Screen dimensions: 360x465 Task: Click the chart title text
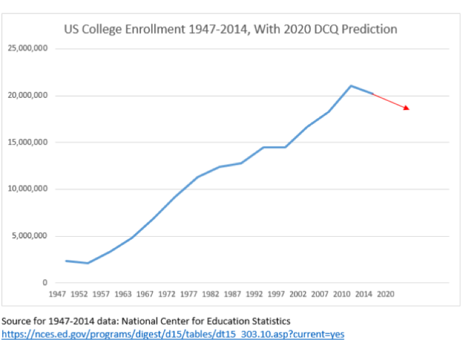coord(230,29)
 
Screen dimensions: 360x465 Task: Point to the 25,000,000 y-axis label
coord(28,49)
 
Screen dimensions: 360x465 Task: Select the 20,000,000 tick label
coord(28,96)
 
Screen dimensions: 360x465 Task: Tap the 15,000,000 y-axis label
coord(28,142)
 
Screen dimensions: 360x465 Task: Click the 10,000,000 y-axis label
coord(28,189)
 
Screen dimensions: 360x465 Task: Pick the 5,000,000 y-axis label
coord(30,236)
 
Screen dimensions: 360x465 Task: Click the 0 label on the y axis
coord(44,283)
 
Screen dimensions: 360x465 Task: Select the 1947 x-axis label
coord(57,294)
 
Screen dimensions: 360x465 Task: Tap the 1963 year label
coord(123,294)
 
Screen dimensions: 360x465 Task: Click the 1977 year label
coord(188,294)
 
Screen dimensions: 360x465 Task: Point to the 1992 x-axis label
coord(254,294)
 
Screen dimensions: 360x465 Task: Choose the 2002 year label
coord(298,294)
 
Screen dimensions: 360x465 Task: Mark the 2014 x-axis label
coord(364,294)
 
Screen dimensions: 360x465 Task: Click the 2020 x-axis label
coord(386,294)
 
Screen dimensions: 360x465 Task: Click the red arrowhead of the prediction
coord(406,108)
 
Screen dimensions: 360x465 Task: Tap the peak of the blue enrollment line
coord(351,86)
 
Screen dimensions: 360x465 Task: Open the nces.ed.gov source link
coord(173,334)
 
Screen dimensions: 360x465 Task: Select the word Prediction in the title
coord(369,29)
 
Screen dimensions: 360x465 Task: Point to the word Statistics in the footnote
coord(270,321)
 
